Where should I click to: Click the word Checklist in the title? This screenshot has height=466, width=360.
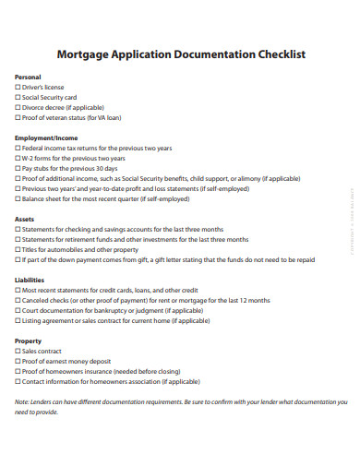270,54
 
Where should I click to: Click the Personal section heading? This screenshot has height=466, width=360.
29,78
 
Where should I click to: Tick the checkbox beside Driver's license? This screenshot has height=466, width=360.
18,88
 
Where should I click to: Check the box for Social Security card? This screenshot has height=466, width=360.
18,98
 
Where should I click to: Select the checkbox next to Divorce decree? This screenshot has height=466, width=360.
18,108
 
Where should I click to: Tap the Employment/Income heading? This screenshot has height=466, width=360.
45,138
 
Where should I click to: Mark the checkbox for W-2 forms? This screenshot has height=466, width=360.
18,159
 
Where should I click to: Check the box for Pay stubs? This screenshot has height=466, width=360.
18,169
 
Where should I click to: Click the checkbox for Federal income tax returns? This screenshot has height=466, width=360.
18,149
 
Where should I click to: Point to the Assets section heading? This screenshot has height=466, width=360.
25,219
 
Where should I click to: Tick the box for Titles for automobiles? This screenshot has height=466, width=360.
18,249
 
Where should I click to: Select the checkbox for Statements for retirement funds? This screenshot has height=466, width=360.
18,239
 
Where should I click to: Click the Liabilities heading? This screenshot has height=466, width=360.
30,280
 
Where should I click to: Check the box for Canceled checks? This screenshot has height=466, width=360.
18,300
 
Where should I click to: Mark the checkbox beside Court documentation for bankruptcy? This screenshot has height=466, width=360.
18,310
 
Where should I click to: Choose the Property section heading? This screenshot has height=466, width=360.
30,341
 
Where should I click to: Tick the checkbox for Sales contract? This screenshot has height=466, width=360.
18,351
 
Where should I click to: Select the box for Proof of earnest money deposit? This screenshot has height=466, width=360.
18,361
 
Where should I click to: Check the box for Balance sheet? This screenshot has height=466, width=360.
18,198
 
